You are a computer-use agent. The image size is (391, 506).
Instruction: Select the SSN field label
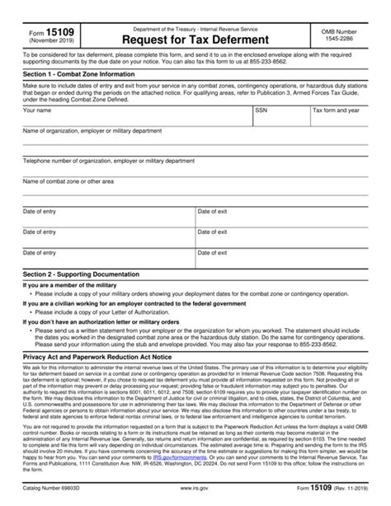click(261, 109)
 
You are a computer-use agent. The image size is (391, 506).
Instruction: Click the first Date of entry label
click(40, 212)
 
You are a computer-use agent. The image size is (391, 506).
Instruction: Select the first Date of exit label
click(214, 212)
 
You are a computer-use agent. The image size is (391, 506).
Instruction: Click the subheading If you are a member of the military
click(74, 284)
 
